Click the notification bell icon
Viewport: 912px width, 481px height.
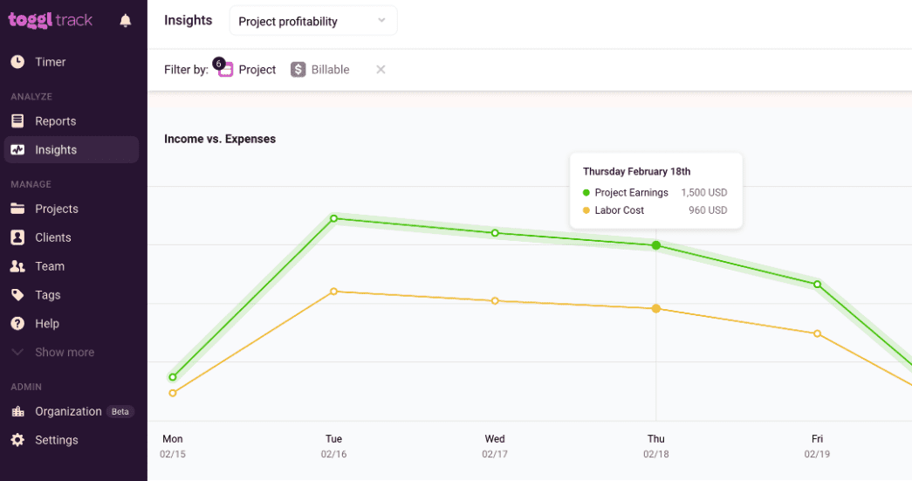(x=126, y=21)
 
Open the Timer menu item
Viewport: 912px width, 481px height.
(x=50, y=62)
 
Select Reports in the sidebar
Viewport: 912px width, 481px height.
(x=55, y=121)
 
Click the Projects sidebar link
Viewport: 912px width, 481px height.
(x=56, y=209)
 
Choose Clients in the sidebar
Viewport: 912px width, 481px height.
(x=52, y=237)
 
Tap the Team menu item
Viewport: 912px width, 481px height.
(x=50, y=266)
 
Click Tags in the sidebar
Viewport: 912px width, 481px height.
(x=47, y=295)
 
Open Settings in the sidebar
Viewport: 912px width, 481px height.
(x=56, y=440)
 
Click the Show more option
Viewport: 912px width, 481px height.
(x=64, y=352)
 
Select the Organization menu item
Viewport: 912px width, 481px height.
(x=68, y=411)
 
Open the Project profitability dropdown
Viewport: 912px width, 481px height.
(x=312, y=21)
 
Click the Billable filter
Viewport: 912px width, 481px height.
(x=320, y=70)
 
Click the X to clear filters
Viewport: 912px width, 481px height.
(x=381, y=70)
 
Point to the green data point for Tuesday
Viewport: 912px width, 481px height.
(x=333, y=218)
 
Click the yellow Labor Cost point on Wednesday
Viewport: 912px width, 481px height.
(x=495, y=300)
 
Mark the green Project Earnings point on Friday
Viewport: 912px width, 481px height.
(x=817, y=284)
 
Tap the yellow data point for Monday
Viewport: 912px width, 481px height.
(x=173, y=393)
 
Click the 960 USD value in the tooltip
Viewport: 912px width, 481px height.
(x=707, y=210)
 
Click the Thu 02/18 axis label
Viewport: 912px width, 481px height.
(x=655, y=446)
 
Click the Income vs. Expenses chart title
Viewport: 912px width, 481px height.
(x=220, y=139)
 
